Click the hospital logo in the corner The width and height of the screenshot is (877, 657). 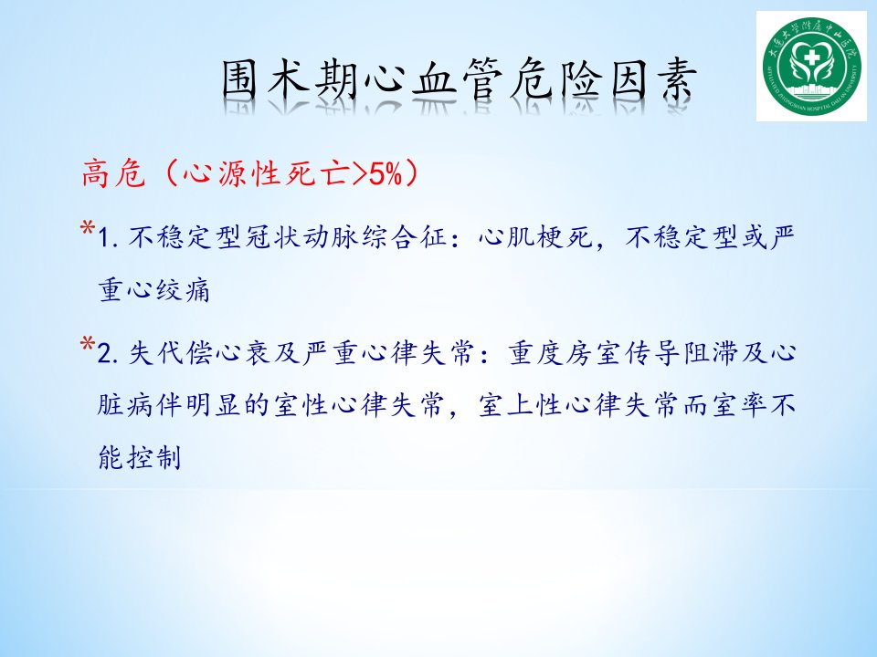(811, 66)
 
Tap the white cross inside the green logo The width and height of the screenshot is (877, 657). (811, 57)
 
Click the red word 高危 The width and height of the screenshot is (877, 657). (113, 173)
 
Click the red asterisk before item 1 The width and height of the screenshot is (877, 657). (88, 228)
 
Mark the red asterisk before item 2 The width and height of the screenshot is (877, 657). (88, 343)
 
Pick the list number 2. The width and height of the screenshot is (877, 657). (106, 354)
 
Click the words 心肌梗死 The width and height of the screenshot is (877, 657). (536, 237)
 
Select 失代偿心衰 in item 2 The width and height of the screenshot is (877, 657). (201, 353)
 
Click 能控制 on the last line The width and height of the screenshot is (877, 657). (140, 457)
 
